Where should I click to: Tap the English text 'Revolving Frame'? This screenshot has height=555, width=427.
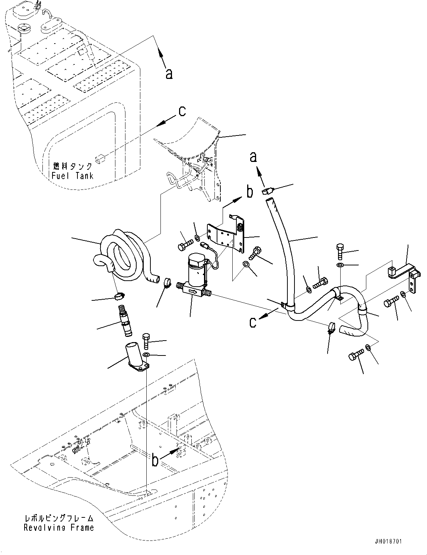(x=59, y=527)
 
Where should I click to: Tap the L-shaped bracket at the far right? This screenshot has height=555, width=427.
(x=406, y=275)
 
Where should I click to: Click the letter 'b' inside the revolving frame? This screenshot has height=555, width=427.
(x=156, y=460)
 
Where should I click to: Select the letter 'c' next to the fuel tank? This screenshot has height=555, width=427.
(x=182, y=111)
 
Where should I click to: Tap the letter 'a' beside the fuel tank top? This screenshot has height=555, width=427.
(x=169, y=74)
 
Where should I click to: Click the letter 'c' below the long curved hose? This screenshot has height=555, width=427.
(x=253, y=322)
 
